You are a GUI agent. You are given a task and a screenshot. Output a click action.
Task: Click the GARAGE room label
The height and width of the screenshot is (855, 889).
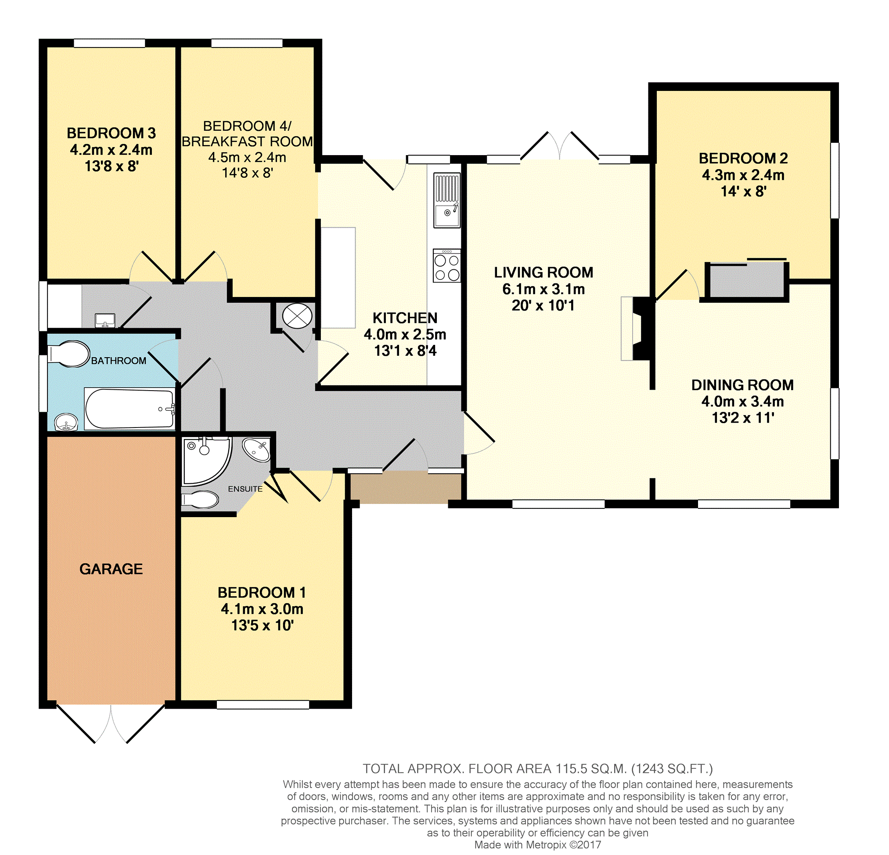tap(111, 569)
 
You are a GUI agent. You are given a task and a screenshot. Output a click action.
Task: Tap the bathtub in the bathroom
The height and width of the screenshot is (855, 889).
tap(130, 409)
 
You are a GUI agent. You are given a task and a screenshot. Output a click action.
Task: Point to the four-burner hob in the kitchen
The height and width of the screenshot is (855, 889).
tap(447, 265)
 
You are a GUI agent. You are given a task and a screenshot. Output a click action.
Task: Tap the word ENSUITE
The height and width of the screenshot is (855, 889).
tap(245, 489)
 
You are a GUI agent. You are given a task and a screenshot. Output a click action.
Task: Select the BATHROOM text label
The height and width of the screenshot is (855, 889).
tap(119, 361)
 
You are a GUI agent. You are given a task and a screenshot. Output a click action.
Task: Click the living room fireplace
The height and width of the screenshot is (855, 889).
tap(637, 329)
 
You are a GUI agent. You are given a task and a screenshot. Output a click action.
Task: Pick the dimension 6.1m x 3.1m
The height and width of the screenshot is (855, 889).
tap(543, 289)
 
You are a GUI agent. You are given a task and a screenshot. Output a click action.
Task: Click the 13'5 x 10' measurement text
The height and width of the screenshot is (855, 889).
tap(262, 625)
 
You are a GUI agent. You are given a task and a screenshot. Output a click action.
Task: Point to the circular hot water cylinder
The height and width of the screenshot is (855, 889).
tap(297, 316)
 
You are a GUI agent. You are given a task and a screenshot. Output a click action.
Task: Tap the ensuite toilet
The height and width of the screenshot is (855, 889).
tap(200, 500)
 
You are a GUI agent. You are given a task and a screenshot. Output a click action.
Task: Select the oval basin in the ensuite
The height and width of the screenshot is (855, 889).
tap(257, 450)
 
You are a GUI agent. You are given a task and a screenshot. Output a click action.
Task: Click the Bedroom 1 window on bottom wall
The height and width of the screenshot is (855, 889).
tap(263, 704)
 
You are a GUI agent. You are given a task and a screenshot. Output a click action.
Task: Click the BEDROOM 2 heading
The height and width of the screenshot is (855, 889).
tap(743, 158)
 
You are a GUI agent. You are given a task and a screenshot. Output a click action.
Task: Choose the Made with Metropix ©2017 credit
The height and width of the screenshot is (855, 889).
tap(537, 844)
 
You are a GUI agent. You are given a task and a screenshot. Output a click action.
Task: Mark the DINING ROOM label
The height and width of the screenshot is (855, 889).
tap(742, 385)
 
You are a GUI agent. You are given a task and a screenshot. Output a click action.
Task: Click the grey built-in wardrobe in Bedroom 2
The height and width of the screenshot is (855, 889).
tap(747, 281)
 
